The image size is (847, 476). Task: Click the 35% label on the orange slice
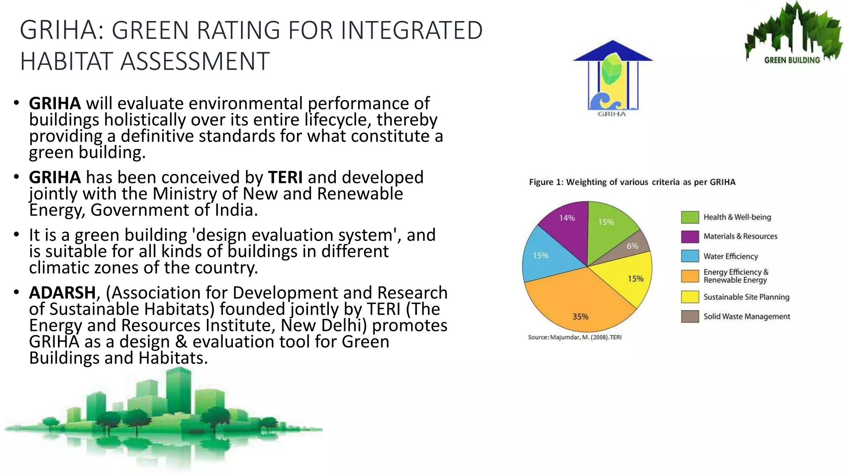click(580, 317)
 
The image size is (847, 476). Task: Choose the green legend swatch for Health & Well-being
click(690, 217)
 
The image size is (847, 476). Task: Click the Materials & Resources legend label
click(740, 236)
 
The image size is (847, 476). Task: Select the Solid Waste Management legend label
click(747, 317)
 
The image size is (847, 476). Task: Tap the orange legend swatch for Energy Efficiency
click(690, 276)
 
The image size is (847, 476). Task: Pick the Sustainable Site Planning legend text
click(746, 297)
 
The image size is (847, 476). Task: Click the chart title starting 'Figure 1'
click(632, 182)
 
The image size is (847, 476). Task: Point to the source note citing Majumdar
click(574, 337)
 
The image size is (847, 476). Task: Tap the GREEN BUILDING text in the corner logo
click(792, 60)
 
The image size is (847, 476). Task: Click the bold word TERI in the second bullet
click(285, 177)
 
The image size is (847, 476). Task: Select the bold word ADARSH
click(62, 293)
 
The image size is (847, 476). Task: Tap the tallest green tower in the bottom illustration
click(178, 388)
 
